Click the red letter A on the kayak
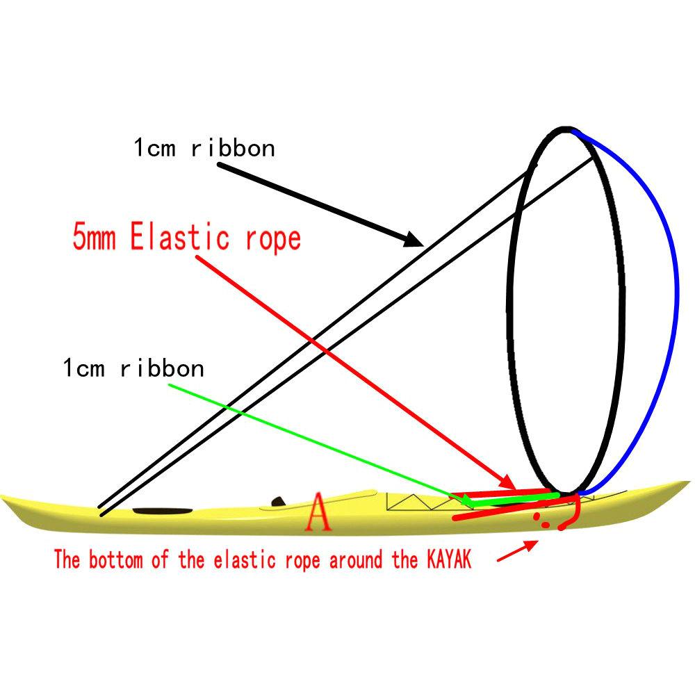[318, 512]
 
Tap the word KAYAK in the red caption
[448, 559]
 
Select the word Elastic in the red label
[180, 237]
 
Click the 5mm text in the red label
[95, 237]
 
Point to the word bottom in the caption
[115, 559]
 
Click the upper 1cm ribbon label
[204, 147]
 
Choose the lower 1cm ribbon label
[133, 368]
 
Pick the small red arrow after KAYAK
[518, 550]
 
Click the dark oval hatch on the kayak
[163, 511]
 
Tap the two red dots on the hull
[541, 520]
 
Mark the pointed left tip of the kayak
[1, 497]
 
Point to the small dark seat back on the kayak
[279, 501]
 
